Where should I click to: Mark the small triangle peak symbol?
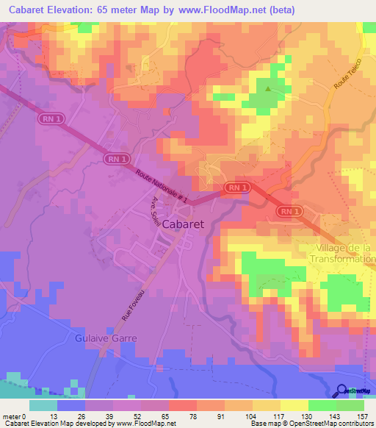[x=267, y=90]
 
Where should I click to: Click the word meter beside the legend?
[x=12, y=416]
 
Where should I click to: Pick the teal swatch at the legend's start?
[x=43, y=405]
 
